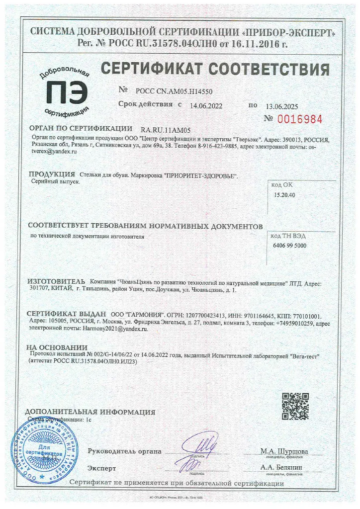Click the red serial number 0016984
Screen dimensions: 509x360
click(300, 120)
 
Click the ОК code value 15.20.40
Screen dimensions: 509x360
click(284, 195)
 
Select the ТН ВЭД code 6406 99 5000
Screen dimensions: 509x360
click(290, 246)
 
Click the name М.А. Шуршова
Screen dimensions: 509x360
click(284, 451)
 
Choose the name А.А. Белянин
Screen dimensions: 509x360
click(284, 468)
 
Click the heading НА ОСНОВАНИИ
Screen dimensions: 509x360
click(57, 347)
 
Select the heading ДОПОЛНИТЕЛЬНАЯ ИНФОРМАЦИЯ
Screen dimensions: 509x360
click(90, 412)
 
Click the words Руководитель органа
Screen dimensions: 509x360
click(124, 451)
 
